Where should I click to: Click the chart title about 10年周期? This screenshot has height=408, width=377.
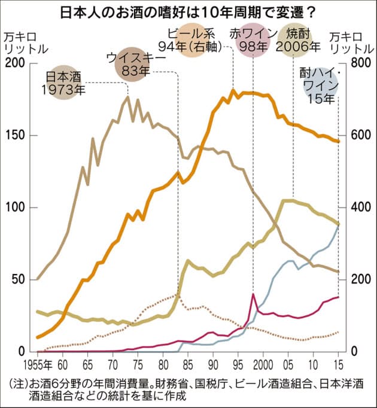coord(188,11)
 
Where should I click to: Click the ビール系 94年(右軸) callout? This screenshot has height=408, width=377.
coord(190,40)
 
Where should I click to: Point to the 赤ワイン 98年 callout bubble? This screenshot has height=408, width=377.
coord(253,40)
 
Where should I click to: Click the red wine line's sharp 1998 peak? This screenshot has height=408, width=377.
coord(253,294)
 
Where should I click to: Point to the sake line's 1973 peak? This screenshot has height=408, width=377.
coord(127,97)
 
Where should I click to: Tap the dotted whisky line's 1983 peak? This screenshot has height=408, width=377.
coord(178,294)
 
